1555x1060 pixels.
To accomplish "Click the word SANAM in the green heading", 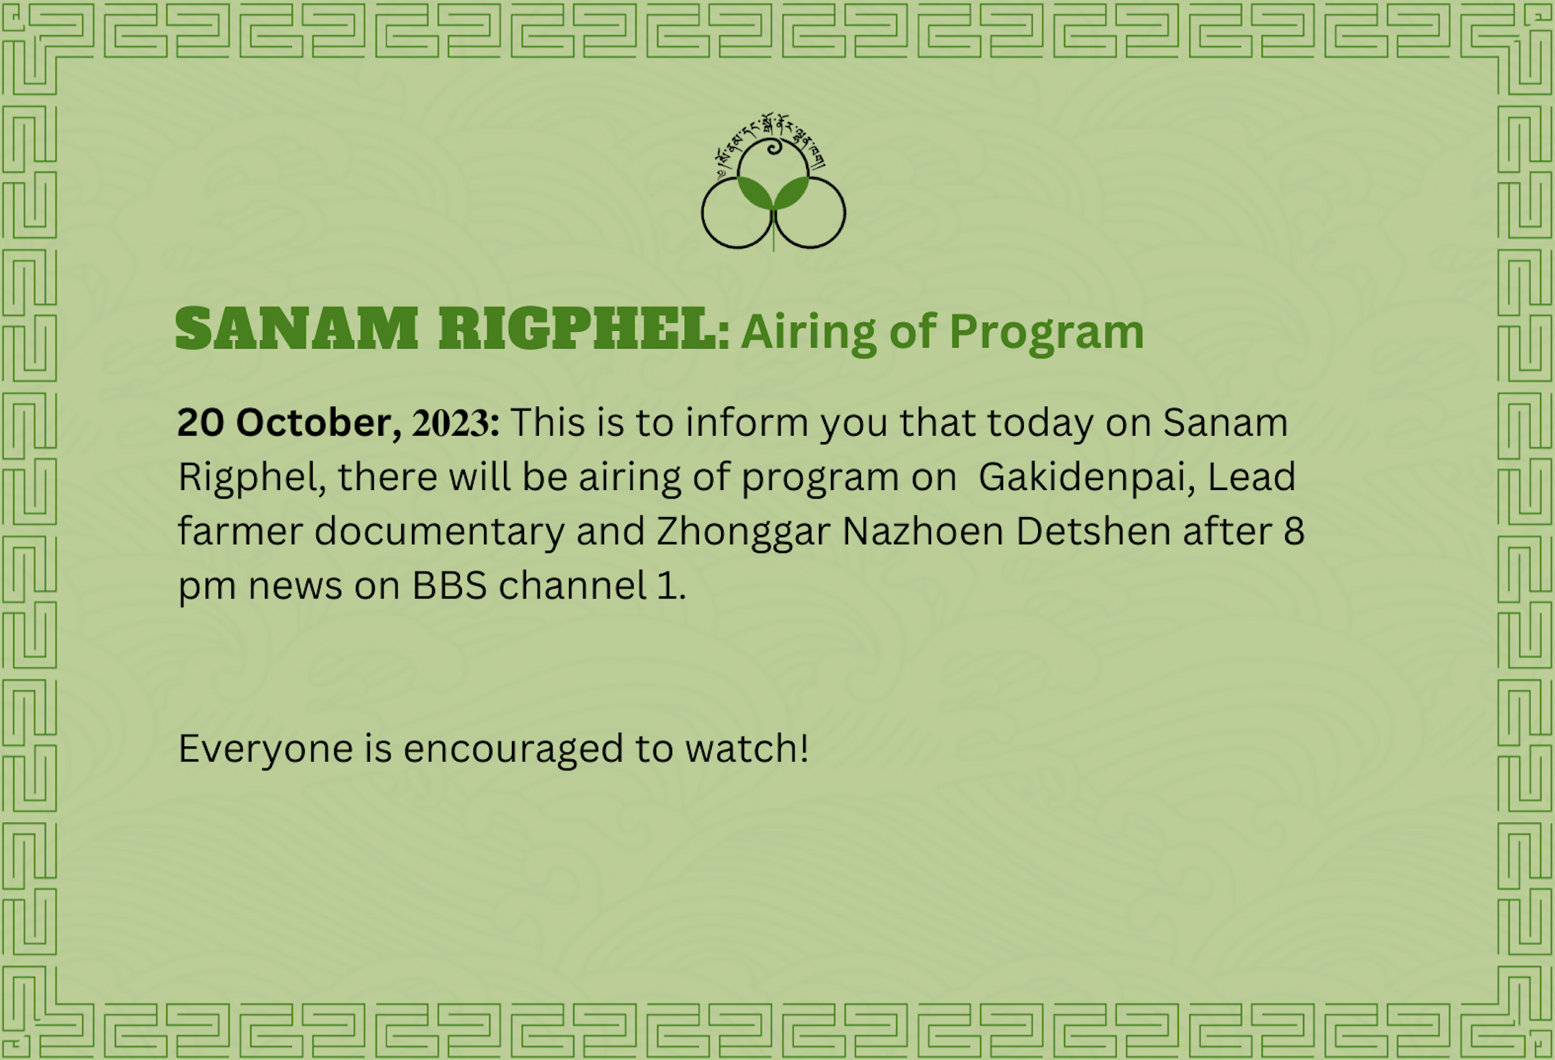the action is [x=296, y=329].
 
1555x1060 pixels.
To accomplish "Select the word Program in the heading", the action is [x=1047, y=333].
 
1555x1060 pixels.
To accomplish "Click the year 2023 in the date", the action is [x=455, y=423].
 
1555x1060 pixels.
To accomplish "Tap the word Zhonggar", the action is [x=743, y=532].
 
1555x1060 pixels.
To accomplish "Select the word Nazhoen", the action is [x=923, y=531].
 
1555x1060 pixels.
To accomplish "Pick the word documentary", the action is [x=439, y=532].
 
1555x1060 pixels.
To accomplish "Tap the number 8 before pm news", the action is [x=1294, y=531].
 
